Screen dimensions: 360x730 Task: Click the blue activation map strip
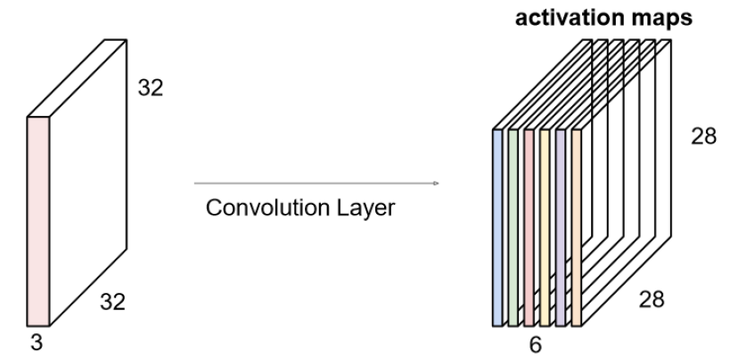497,227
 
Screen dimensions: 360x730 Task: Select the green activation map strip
513,227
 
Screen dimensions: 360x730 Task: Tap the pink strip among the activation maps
529,227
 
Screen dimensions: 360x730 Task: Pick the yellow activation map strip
544,227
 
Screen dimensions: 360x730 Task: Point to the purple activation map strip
560,227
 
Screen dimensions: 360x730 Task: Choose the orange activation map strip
576,227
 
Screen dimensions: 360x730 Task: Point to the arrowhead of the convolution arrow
436,184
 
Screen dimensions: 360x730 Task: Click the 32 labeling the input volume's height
151,89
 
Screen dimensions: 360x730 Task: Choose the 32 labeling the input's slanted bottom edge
113,303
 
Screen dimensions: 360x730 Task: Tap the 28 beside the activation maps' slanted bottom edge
651,299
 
